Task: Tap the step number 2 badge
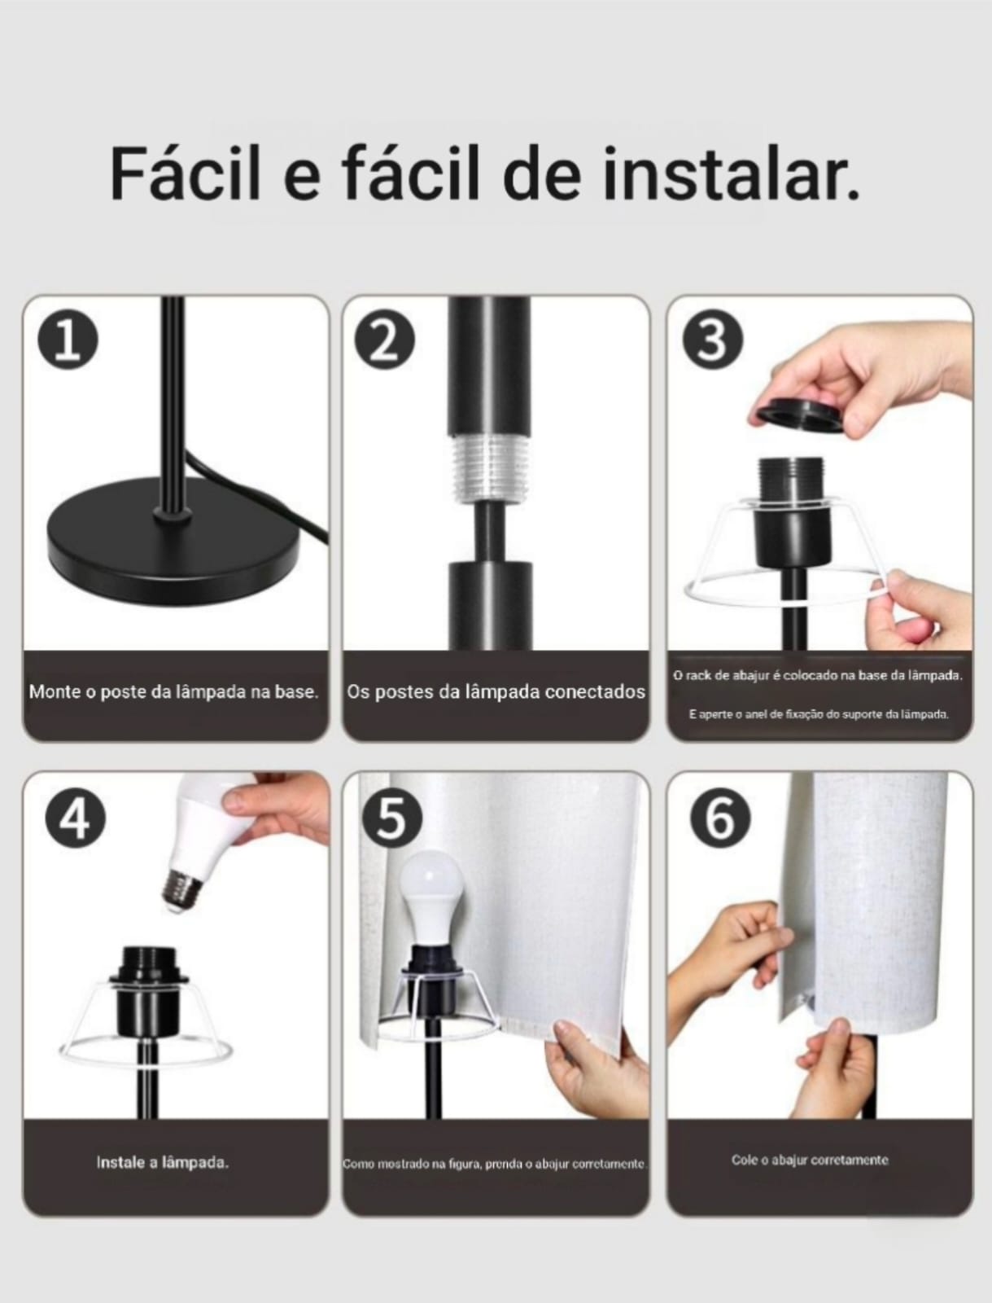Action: tap(385, 343)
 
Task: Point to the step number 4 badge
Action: tap(76, 819)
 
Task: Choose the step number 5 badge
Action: tap(391, 819)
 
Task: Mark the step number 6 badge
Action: tap(720, 819)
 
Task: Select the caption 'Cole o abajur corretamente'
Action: tap(810, 1160)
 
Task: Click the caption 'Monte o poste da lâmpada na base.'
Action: tap(174, 691)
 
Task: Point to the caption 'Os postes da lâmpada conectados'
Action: tap(496, 691)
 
